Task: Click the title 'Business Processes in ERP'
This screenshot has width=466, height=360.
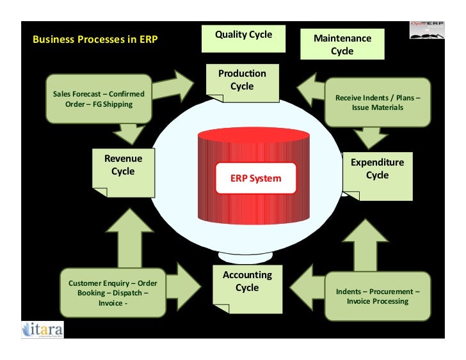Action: tap(95, 40)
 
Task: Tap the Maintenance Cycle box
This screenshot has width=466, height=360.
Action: tap(342, 45)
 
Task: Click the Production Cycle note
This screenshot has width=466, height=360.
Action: tap(242, 82)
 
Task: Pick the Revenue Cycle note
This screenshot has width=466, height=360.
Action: tap(123, 170)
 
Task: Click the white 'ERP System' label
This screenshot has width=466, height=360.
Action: tap(255, 178)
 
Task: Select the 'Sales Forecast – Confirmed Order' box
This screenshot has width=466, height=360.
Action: tap(99, 98)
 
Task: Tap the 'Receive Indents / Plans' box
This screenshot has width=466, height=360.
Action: tap(377, 102)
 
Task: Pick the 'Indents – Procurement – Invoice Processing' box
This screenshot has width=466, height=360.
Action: tap(377, 296)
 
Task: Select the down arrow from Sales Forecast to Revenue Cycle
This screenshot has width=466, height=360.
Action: tap(132, 133)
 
